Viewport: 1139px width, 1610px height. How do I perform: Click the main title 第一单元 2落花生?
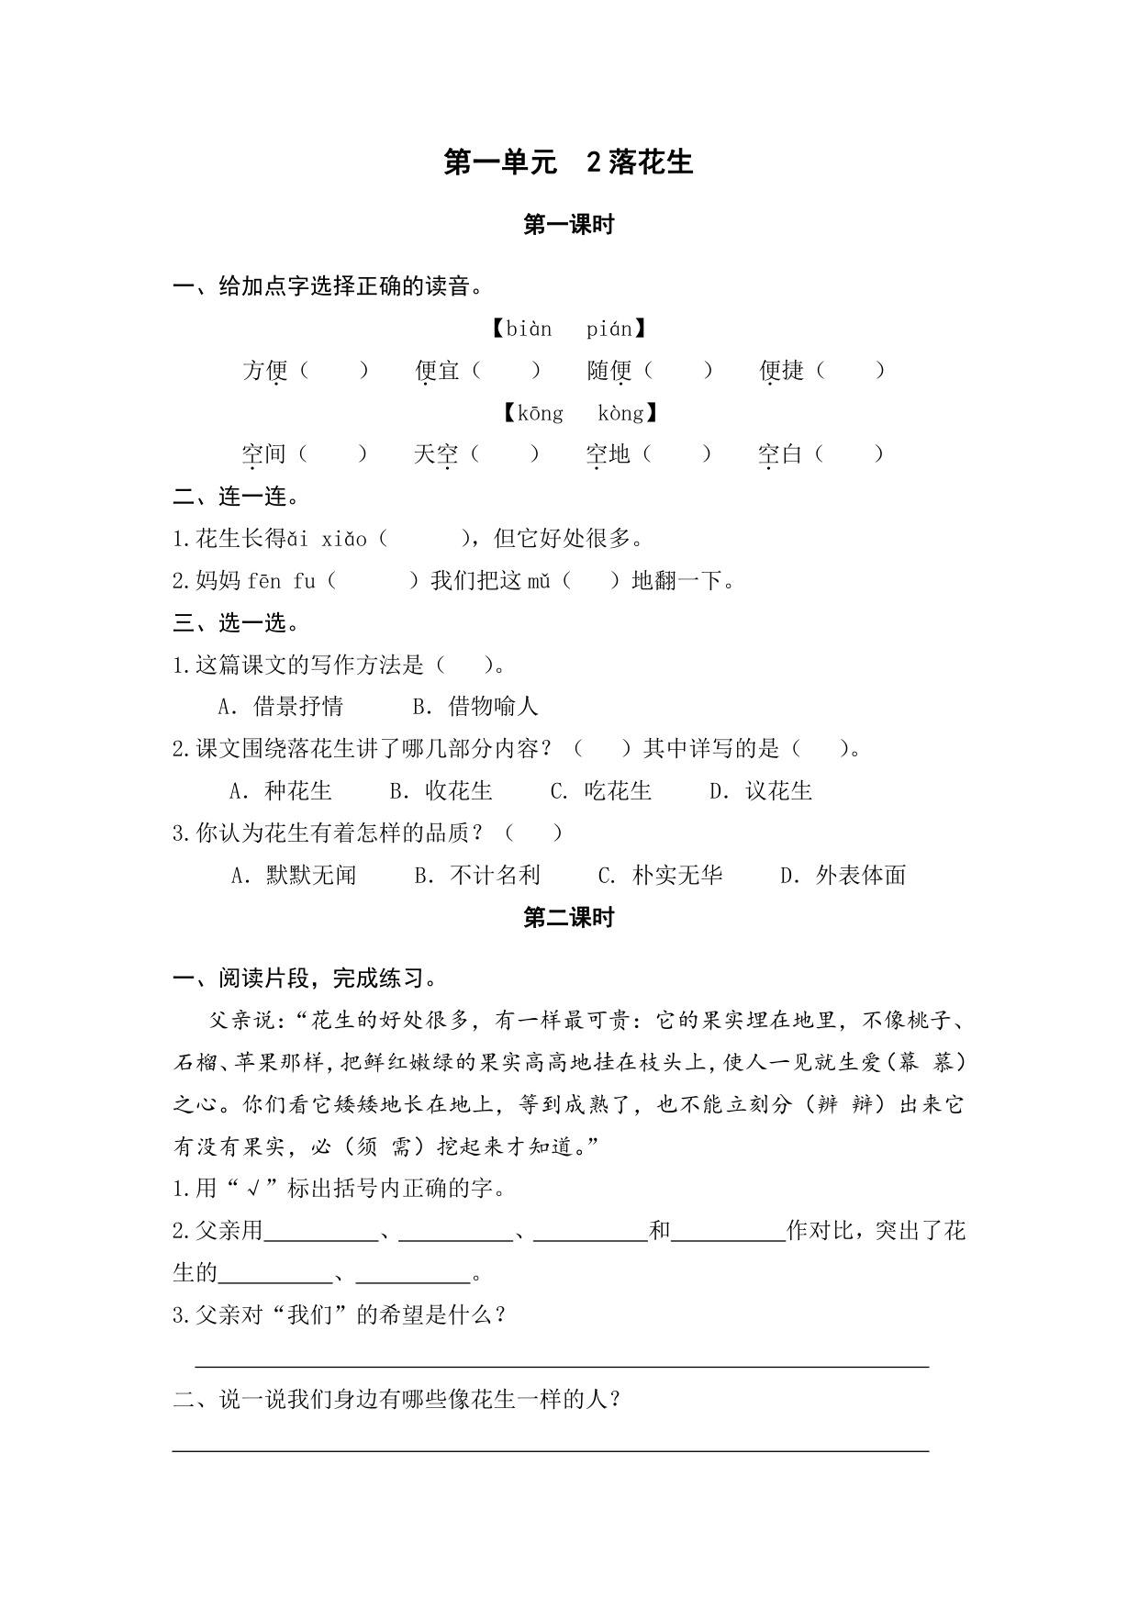point(568,162)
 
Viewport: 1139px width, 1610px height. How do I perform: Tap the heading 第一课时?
point(568,225)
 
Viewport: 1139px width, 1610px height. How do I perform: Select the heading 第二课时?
point(568,917)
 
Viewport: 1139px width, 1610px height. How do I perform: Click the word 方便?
point(265,370)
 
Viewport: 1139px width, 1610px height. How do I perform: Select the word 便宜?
point(437,370)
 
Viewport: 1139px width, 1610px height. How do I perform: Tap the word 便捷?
point(781,370)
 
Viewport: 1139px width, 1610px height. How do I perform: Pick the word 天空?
point(435,453)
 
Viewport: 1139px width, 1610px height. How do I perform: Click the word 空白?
point(780,453)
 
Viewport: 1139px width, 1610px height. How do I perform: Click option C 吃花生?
point(601,790)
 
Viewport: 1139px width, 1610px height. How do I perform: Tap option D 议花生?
point(762,790)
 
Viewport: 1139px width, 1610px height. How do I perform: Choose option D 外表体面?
point(843,875)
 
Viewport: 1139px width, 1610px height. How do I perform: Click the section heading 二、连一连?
point(236,498)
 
